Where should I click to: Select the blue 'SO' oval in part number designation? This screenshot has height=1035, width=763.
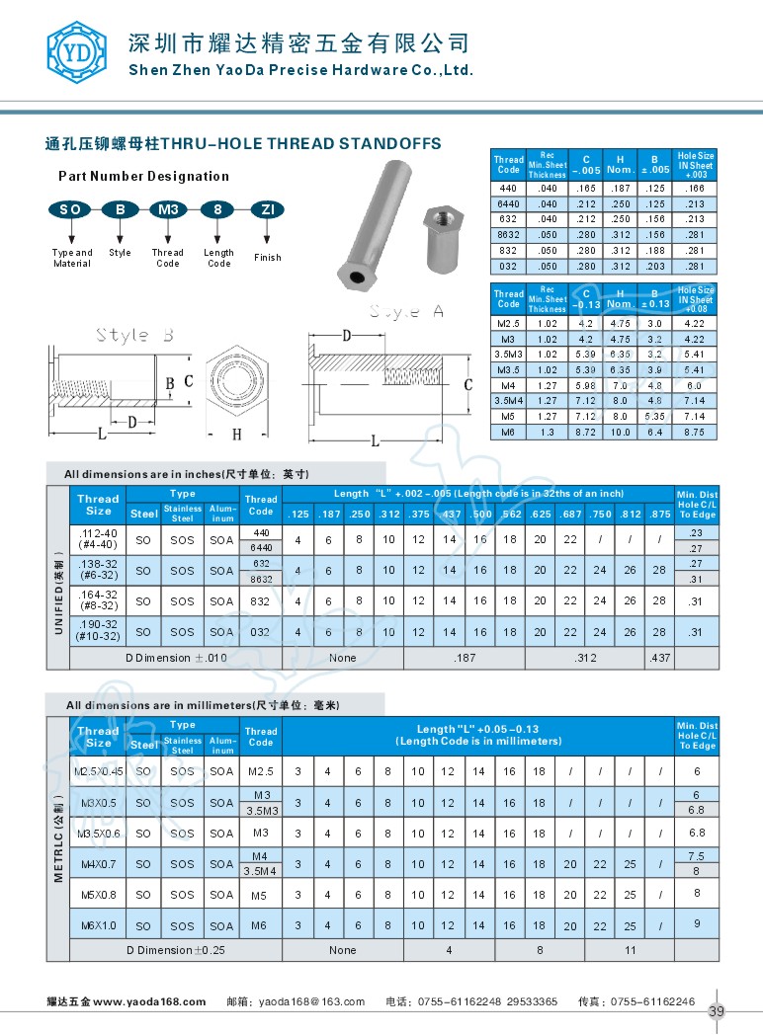69,209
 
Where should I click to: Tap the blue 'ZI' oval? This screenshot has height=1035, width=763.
267,209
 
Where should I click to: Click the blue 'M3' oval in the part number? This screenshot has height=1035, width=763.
167,209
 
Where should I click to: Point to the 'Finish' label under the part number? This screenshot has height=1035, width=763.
267,258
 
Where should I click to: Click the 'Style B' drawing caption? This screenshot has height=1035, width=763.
135,335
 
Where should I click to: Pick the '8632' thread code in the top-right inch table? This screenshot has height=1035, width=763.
508,234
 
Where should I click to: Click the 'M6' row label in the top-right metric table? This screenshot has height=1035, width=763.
508,432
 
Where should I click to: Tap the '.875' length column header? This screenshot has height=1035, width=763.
659,514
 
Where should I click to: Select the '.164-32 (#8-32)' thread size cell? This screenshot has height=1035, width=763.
98,600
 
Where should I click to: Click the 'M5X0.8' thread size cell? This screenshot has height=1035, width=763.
98,895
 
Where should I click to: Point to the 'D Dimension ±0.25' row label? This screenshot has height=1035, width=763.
175,950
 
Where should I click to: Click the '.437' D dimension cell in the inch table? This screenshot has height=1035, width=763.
659,658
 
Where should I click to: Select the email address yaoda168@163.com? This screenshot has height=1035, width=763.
311,1001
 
